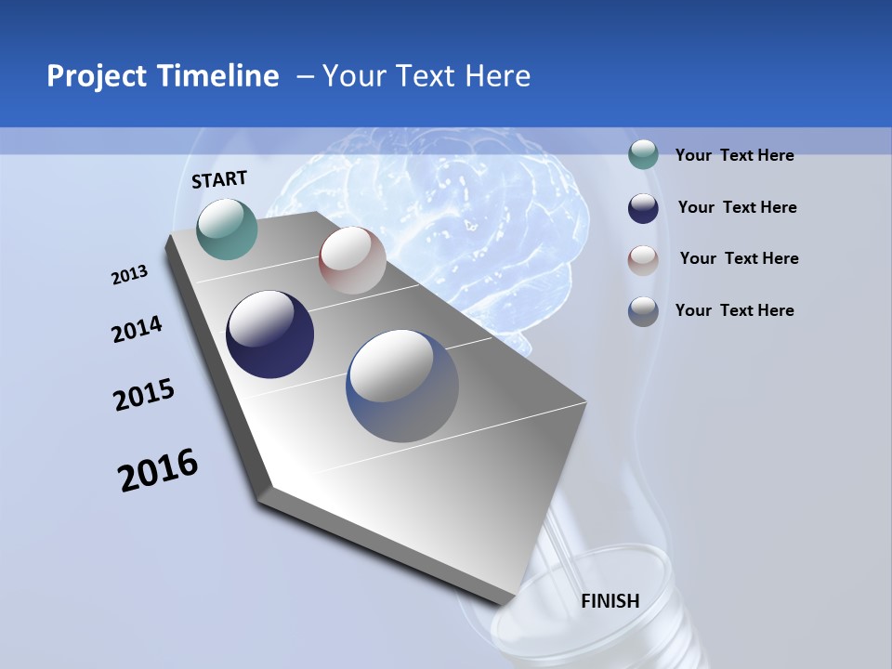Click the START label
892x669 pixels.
click(x=219, y=179)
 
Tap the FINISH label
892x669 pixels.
click(x=610, y=601)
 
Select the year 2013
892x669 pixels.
click(x=129, y=275)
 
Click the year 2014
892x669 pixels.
click(x=137, y=330)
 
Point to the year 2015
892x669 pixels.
click(x=144, y=395)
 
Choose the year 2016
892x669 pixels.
click(x=158, y=470)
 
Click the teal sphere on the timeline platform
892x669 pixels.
click(x=227, y=229)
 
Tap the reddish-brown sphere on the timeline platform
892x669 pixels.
click(x=352, y=260)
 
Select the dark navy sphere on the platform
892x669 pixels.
click(x=270, y=334)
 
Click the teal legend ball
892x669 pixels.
click(x=643, y=155)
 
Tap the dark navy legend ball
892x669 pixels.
click(x=643, y=207)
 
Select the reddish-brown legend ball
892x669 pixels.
click(x=643, y=259)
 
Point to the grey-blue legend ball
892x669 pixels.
click(x=643, y=311)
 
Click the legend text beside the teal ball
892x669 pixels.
click(x=735, y=155)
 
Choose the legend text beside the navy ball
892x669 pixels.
click(x=738, y=207)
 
